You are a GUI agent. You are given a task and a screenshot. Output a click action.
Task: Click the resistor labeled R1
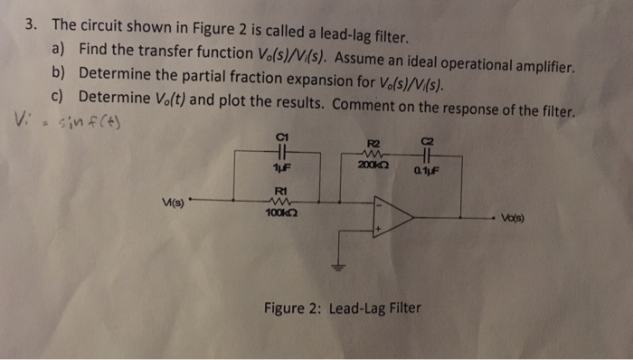[x=280, y=200]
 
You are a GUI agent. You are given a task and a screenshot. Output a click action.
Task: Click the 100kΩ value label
[x=280, y=213]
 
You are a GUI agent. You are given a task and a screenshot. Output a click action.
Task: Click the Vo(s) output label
[x=517, y=218]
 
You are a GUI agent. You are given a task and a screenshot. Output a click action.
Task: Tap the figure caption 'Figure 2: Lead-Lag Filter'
[x=343, y=308]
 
